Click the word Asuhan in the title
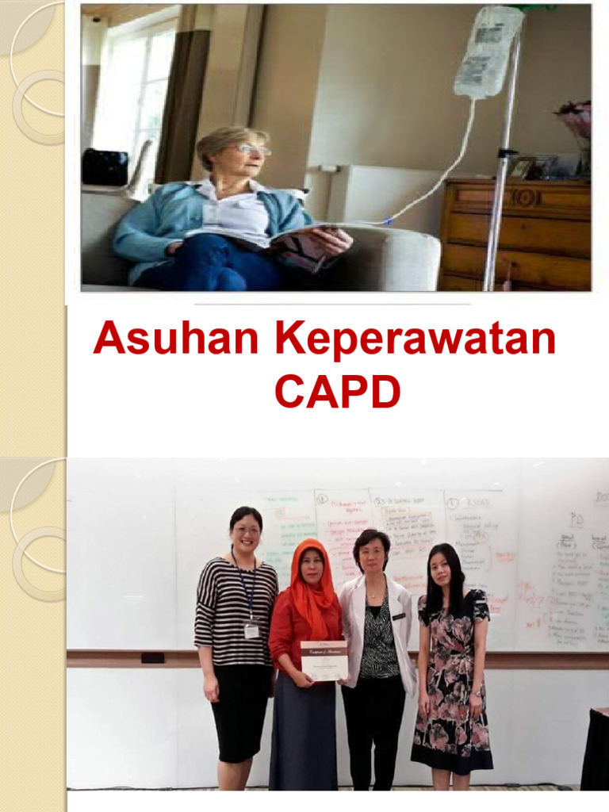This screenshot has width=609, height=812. (177, 339)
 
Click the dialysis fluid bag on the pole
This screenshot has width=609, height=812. (488, 51)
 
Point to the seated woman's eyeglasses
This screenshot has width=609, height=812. (251, 150)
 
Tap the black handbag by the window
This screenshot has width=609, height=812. (105, 167)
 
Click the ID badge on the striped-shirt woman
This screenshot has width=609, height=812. (251, 630)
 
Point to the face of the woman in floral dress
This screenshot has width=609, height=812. (441, 569)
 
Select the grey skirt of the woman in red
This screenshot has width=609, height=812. (303, 737)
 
